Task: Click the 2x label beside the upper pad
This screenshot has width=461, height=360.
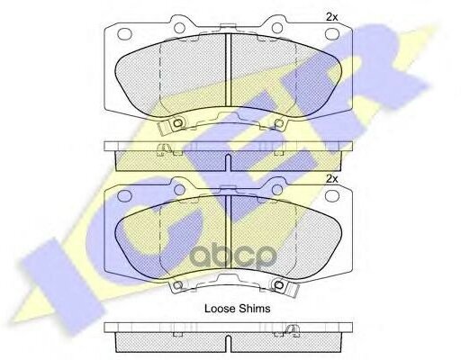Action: (332, 17)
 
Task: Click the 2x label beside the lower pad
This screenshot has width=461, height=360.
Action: (332, 179)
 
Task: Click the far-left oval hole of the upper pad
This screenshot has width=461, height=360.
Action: (125, 34)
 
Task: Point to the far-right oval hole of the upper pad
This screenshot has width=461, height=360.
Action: (332, 34)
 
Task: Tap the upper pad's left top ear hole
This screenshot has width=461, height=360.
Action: (179, 28)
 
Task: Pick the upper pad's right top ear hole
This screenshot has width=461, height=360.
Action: (277, 28)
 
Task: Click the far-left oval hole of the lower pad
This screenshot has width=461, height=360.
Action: (125, 195)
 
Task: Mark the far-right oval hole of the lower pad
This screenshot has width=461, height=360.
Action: (332, 195)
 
